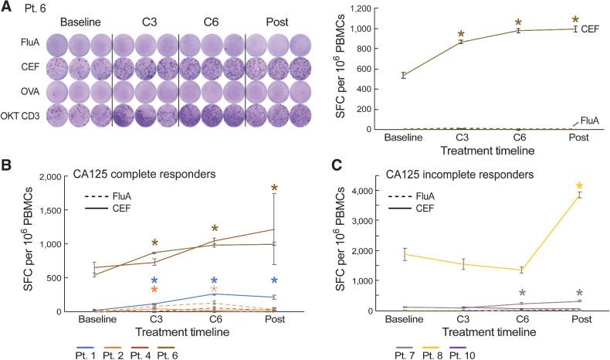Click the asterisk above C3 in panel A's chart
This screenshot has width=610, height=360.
coord(461,35)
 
